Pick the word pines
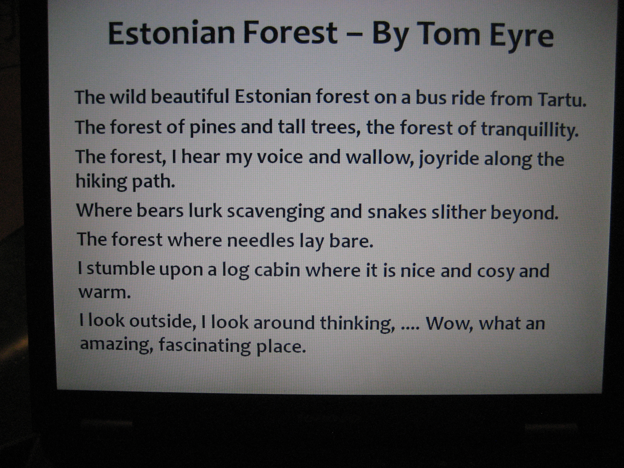coord(212,128)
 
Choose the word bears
coord(160,211)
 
